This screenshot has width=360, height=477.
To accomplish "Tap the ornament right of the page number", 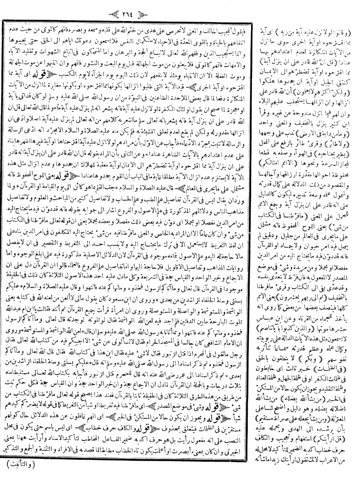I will (x=201, y=9).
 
